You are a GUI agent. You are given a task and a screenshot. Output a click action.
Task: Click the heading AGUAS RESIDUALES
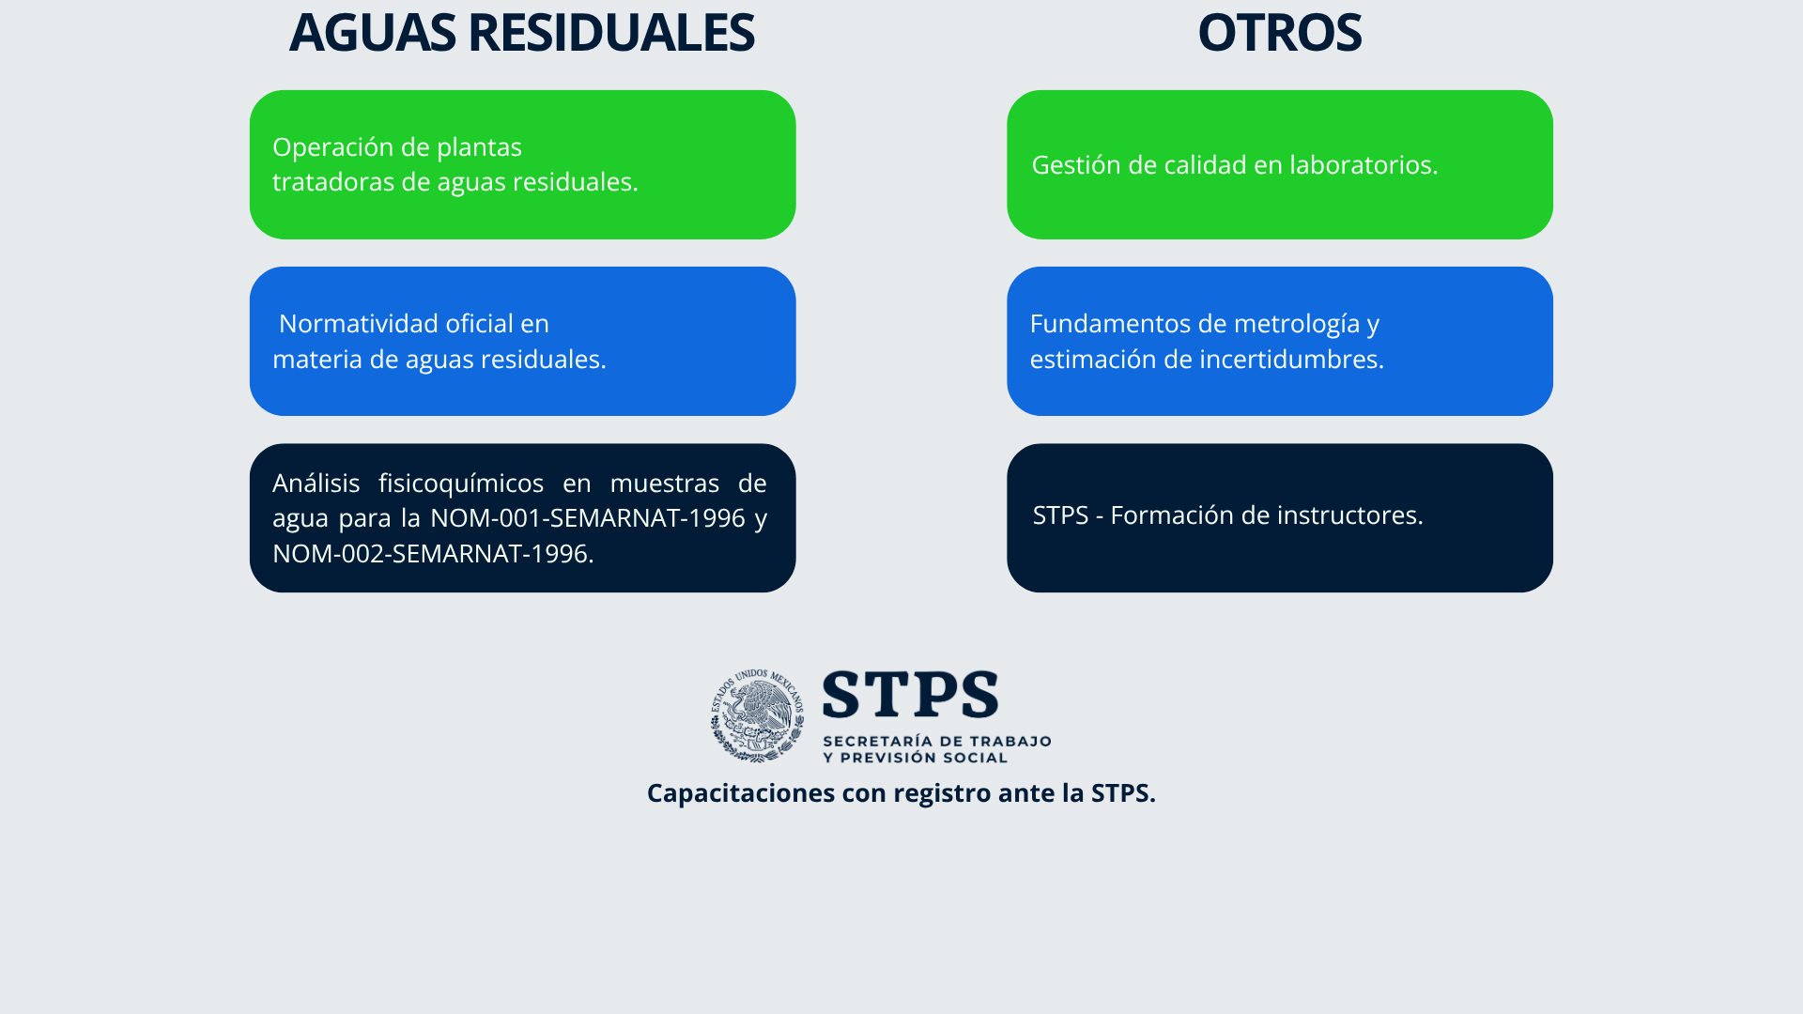coord(521,32)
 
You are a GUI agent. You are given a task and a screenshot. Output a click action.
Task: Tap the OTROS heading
coord(1279,32)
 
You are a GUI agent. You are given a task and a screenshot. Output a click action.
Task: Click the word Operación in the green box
coord(325,147)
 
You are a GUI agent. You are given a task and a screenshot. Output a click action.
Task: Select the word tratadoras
coord(333,181)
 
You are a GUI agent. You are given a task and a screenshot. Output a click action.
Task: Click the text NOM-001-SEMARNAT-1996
coord(588,517)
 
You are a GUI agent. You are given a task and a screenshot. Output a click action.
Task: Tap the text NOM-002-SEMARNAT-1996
coord(430,553)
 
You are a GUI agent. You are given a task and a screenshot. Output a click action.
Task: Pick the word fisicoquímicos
coord(461,484)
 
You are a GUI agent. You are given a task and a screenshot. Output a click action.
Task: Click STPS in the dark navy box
coord(1060,515)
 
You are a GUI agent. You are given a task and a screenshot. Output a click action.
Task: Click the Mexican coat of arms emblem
coord(757,715)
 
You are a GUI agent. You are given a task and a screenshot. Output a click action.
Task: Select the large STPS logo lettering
coord(910,695)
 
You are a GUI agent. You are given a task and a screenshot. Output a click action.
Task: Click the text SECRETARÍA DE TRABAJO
coord(936,741)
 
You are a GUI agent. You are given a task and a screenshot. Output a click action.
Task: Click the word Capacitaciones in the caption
coord(741,793)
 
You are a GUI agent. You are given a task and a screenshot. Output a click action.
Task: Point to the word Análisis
coord(316,483)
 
